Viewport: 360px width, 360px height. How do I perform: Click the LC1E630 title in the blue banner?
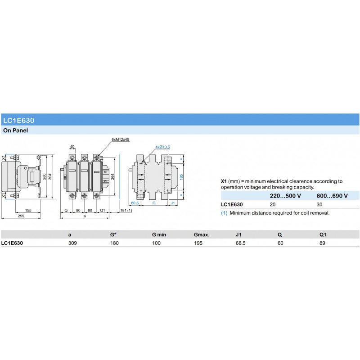18,120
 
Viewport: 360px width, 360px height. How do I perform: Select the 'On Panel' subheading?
15,130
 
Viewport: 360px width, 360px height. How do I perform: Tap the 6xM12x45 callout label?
121,139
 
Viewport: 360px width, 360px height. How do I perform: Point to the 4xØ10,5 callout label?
162,147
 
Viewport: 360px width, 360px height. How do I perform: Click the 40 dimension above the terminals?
72,147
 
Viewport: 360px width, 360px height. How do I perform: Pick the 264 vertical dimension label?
112,176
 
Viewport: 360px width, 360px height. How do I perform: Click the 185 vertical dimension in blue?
181,177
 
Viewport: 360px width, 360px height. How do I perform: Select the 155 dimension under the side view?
28,210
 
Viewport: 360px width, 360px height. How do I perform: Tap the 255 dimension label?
21,216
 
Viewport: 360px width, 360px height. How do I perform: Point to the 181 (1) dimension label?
126,210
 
